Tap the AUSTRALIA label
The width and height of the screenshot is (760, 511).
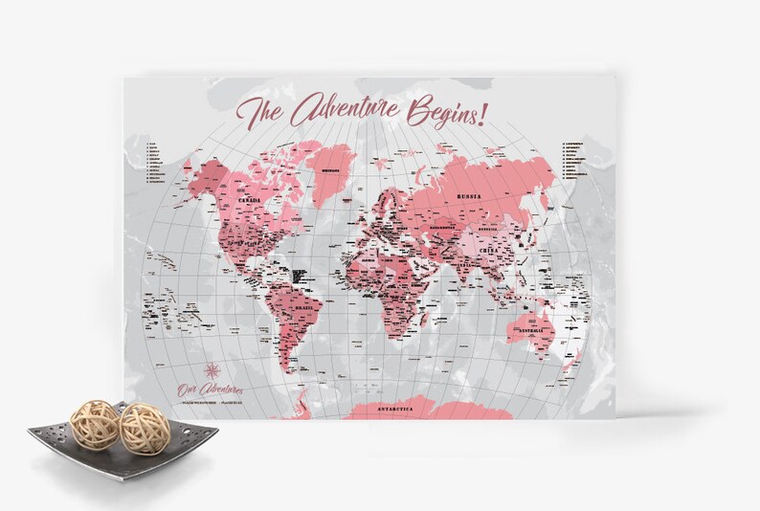[x=532, y=331]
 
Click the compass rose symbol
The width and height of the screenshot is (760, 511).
[x=213, y=370]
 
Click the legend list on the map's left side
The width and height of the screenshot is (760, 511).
[x=154, y=164]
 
